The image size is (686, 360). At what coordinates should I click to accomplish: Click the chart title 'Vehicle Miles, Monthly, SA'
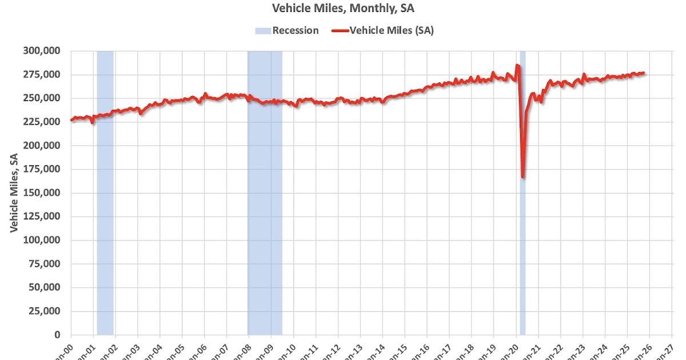click(x=342, y=9)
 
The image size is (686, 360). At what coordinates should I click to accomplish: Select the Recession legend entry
click(x=287, y=31)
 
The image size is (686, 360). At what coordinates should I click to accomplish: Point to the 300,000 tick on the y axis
click(x=42, y=51)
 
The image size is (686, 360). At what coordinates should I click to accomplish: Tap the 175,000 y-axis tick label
click(x=42, y=169)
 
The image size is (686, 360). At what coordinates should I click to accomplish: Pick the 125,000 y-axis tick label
click(x=42, y=217)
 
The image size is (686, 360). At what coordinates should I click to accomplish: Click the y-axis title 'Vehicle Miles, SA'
click(x=14, y=193)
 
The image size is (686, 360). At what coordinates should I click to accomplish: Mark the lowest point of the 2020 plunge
click(x=523, y=177)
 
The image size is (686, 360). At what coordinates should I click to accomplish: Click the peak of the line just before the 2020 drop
click(x=517, y=65)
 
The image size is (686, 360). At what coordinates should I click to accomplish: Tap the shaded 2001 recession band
click(x=105, y=193)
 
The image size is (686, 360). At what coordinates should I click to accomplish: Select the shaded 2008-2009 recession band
click(x=265, y=193)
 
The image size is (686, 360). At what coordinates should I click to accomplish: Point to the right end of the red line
click(x=644, y=73)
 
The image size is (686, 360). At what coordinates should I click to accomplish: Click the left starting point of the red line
click(x=71, y=120)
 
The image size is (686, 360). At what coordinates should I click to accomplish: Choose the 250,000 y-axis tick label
click(x=42, y=98)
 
